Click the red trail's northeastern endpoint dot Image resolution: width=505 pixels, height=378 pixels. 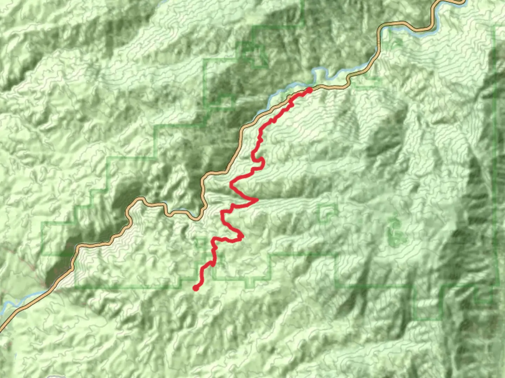309,90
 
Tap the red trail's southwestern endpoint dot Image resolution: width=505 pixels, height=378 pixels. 196,288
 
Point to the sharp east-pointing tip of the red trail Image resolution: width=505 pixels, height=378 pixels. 258,200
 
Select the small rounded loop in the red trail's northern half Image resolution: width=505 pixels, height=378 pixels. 261,162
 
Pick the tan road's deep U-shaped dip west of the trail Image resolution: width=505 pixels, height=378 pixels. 198,218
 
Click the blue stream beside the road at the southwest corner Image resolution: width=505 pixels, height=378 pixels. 21,301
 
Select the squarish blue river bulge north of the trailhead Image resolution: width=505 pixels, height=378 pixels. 320,76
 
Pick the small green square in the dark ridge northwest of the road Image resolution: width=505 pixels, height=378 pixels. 227,101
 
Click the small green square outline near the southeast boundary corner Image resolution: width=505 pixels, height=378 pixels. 484,297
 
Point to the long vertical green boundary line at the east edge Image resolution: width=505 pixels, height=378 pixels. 497,157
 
